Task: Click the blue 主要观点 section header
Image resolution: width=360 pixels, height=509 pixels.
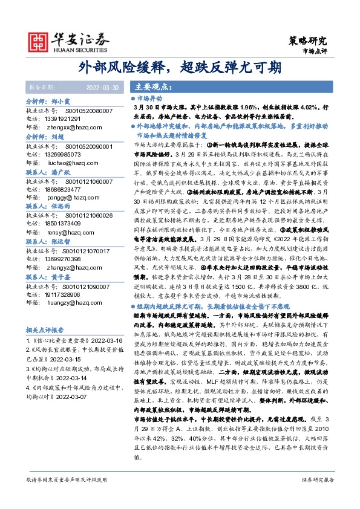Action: point(150,86)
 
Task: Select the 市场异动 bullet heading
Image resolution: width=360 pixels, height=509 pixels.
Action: point(152,98)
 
